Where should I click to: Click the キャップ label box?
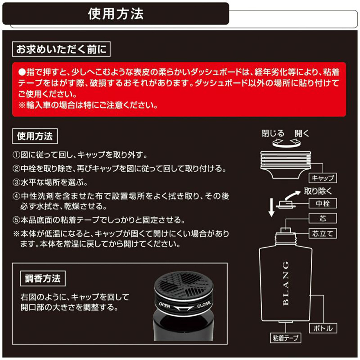[323, 178]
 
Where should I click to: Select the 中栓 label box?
[323, 203]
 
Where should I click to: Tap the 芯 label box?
[323, 219]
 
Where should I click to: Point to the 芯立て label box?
[323, 234]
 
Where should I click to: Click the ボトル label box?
[323, 328]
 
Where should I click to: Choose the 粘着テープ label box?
[285, 338]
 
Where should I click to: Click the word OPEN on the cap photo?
[165, 305]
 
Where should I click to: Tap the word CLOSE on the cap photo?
[204, 305]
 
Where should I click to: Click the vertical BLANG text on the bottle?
[286, 283]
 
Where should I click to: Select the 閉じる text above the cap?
[273, 134]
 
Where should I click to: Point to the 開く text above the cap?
[302, 134]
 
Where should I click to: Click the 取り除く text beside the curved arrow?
[318, 191]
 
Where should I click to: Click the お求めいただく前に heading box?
[61, 49]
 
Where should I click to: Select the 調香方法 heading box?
[43, 279]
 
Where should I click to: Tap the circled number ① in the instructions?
[16, 155]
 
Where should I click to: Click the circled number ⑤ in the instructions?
[16, 220]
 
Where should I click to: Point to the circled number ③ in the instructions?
[16, 183]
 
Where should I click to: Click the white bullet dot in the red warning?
[22, 72]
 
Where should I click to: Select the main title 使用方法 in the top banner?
[116, 14]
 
